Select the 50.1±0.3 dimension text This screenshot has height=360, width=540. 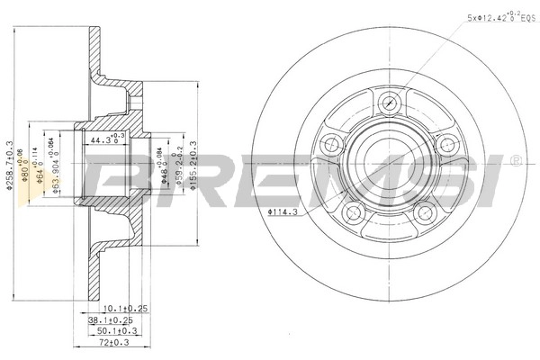coord(116,331)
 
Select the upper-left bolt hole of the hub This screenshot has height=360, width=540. coord(330,142)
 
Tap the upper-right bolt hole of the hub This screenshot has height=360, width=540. coord(444,143)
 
